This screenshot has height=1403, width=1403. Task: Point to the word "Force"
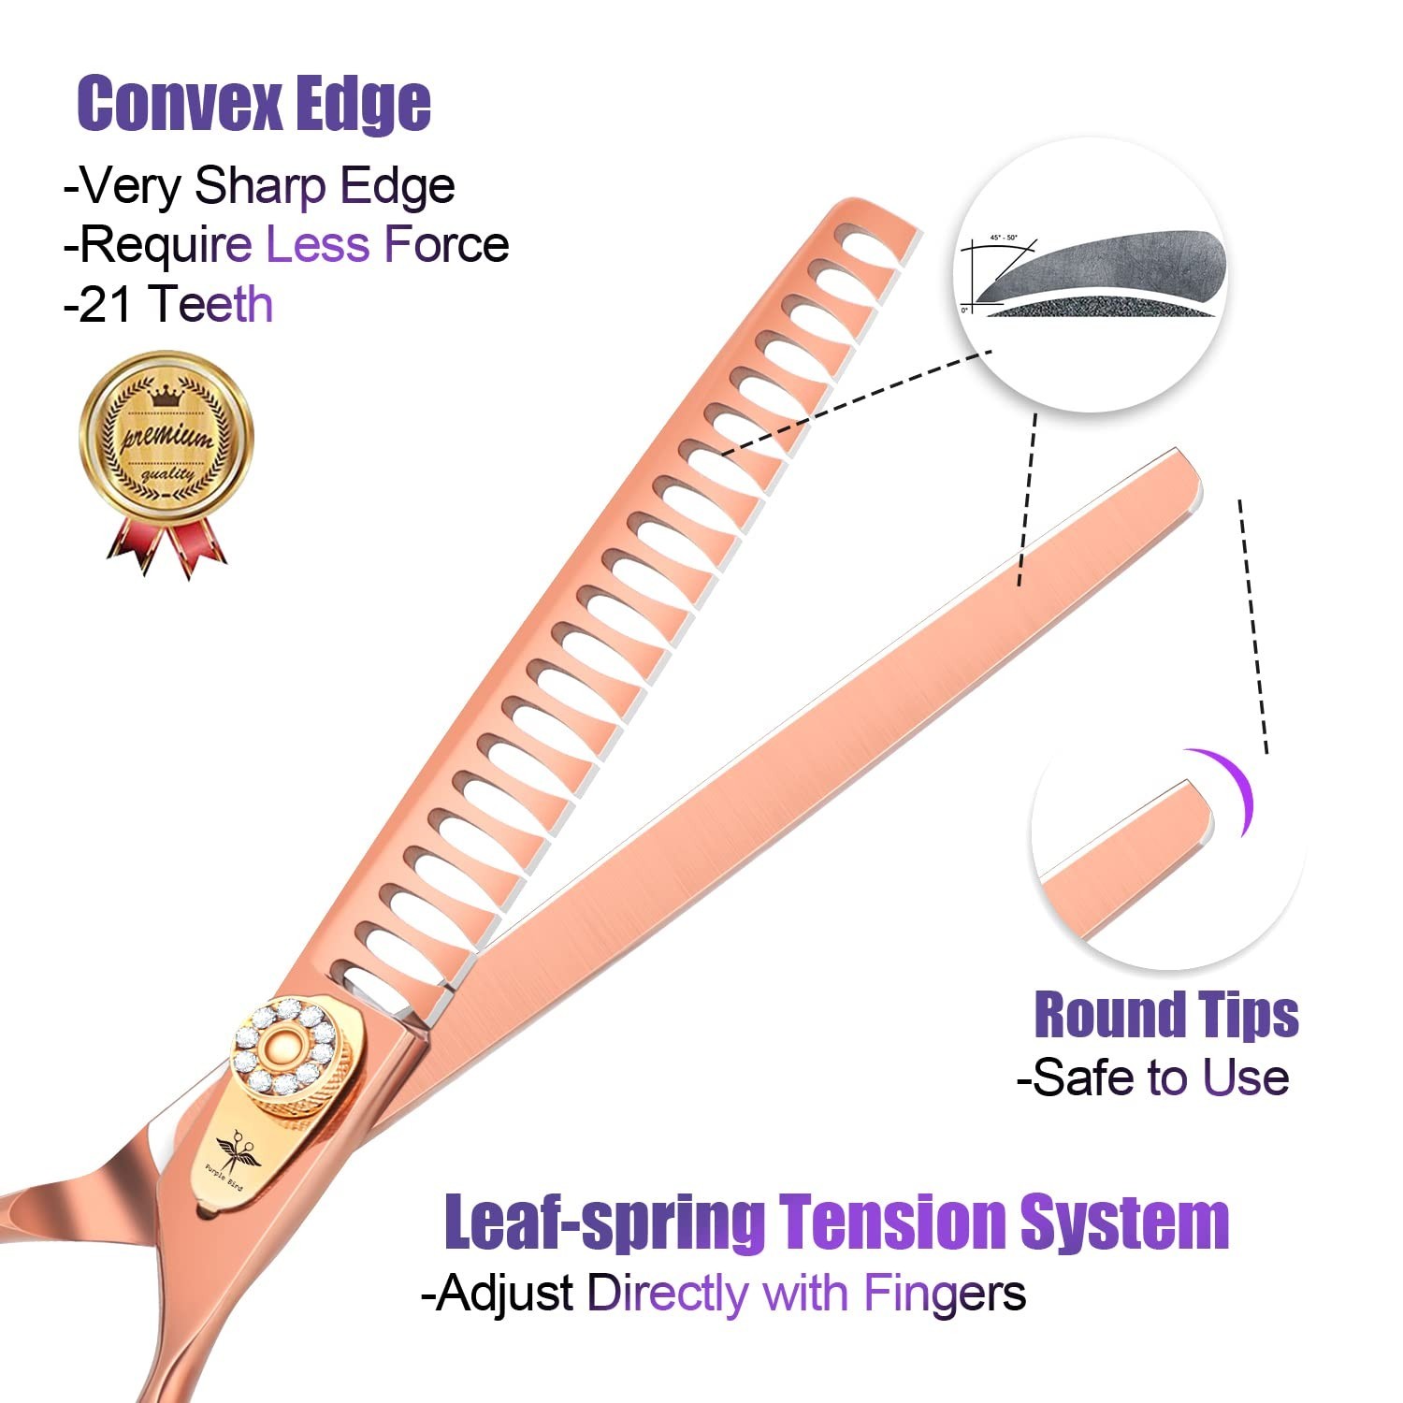[x=446, y=245]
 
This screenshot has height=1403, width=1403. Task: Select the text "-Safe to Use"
[x=1153, y=1078]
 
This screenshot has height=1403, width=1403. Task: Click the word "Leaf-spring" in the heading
[x=604, y=1222]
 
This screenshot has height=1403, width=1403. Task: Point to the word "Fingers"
[x=944, y=1294]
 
